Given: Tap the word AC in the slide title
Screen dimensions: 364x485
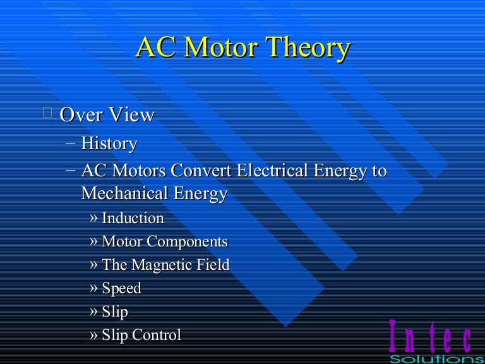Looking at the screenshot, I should (152, 49).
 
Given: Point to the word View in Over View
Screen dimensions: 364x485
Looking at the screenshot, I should (133, 115).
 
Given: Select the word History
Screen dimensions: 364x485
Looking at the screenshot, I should (109, 143).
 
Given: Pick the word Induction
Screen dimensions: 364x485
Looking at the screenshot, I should (133, 219).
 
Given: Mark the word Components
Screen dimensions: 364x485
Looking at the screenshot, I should (188, 242).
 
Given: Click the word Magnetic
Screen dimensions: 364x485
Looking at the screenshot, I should (160, 265).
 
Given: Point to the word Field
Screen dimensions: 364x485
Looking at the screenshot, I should (213, 265).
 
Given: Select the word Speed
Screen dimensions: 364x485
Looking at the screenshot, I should (121, 289).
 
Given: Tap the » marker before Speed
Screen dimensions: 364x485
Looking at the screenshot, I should (94, 289).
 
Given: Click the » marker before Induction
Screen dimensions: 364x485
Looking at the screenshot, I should (94, 219).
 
